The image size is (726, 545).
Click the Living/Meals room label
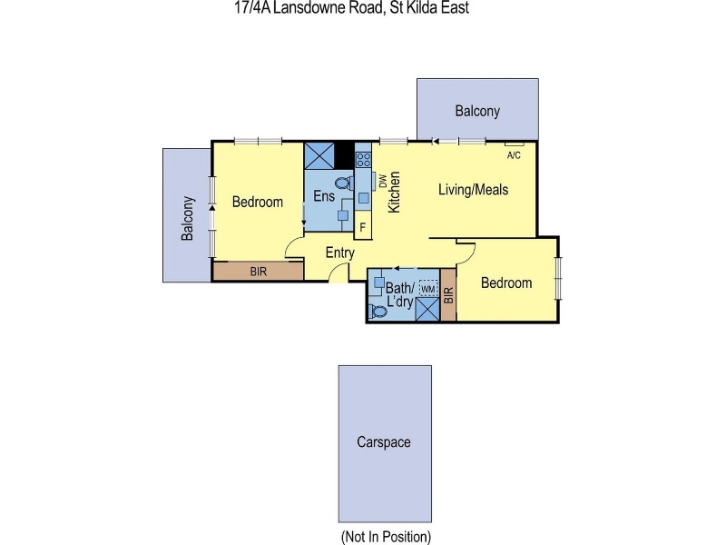point(473,190)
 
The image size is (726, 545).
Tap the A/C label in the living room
point(514,155)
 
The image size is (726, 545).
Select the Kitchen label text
point(394,193)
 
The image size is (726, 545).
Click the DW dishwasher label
point(382,181)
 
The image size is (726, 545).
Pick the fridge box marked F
point(363,228)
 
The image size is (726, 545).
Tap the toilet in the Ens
point(344,183)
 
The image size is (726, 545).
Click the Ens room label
point(324,196)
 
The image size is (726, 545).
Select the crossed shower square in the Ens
point(319,155)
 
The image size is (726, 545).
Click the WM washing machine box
point(428,289)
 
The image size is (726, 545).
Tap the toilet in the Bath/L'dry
point(378,312)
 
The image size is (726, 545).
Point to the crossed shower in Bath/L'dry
point(427,310)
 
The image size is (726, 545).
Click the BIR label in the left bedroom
point(259,272)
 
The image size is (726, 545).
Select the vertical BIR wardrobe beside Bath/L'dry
point(448,294)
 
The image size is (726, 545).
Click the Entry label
point(339,253)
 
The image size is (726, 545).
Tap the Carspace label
point(383,442)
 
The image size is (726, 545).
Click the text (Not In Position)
point(386,537)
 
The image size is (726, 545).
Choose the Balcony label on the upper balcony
point(477,111)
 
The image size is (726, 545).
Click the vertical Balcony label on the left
point(188,218)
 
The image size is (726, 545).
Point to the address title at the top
point(352,7)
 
